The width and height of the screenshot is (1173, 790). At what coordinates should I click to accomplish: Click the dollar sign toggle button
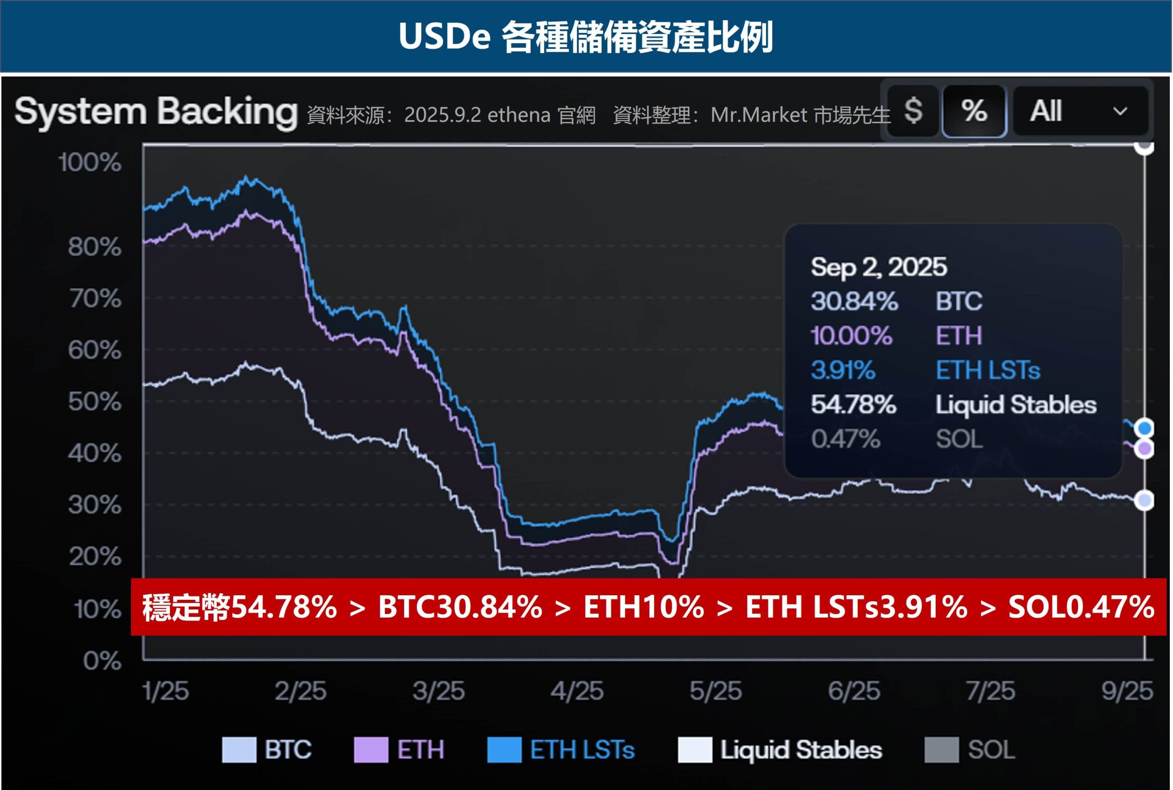click(913, 111)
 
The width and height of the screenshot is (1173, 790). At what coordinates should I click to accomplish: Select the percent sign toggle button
click(974, 111)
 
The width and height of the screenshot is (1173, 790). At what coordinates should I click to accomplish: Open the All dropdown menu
click(1080, 111)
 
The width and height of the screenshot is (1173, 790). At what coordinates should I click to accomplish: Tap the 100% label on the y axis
click(90, 163)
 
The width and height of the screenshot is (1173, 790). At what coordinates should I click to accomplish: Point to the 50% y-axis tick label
click(95, 402)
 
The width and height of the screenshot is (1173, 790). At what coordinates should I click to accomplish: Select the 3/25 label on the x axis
click(438, 691)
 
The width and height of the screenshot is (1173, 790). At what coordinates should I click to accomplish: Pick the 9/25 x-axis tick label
click(1127, 691)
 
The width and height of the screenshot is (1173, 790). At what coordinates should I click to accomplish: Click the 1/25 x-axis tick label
click(166, 691)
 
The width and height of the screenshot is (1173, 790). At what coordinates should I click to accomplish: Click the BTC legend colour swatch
click(239, 750)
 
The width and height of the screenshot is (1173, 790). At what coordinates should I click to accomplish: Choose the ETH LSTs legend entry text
click(582, 750)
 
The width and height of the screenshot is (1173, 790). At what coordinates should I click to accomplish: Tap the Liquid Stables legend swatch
click(695, 750)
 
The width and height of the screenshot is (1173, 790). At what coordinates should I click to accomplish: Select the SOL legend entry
click(991, 750)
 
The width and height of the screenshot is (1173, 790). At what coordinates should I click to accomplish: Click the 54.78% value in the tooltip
click(854, 405)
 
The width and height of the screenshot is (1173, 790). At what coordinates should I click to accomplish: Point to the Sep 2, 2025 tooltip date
click(879, 267)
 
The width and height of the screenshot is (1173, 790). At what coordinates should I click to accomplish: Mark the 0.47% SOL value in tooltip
click(846, 439)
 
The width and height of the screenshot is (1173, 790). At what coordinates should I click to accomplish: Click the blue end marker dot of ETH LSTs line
click(1145, 428)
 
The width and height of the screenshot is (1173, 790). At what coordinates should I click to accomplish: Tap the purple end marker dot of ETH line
click(1145, 449)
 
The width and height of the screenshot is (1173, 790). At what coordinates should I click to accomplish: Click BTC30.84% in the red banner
click(460, 607)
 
